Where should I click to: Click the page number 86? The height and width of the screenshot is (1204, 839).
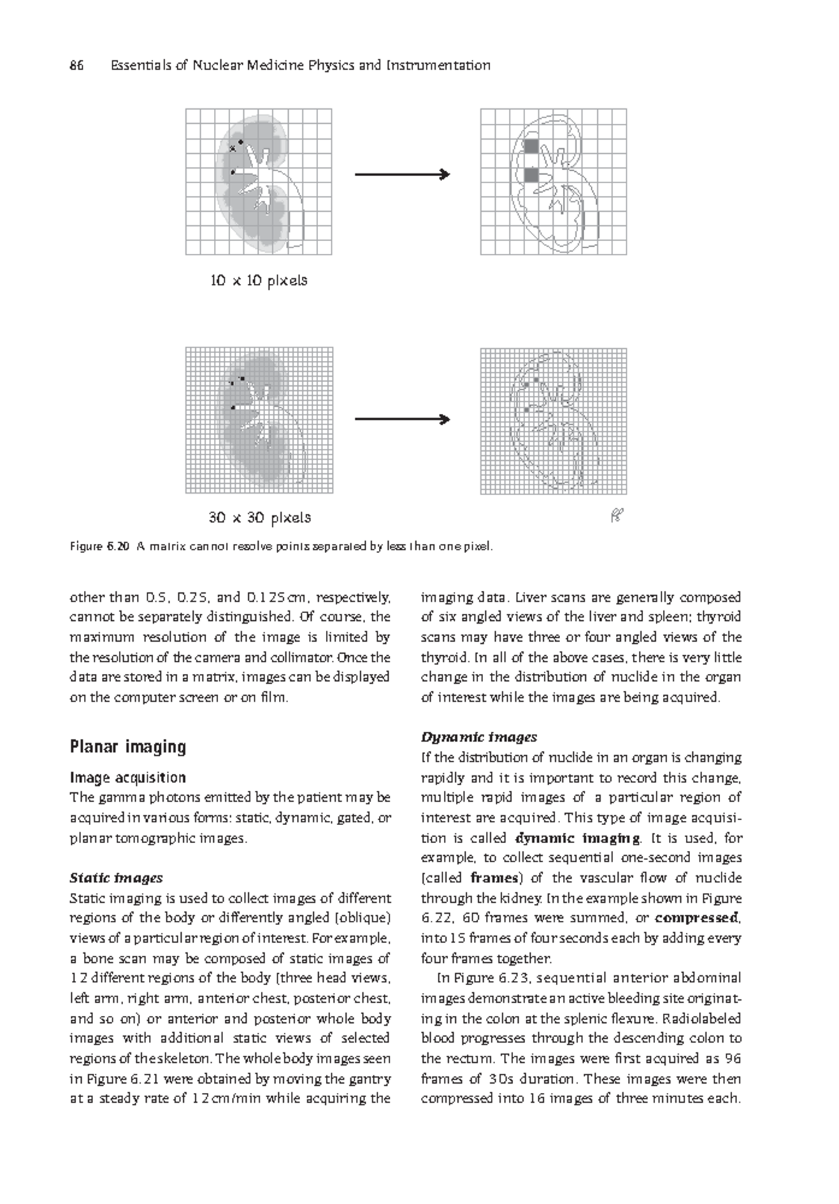76,66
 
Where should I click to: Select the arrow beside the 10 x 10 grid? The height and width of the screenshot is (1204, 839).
402,175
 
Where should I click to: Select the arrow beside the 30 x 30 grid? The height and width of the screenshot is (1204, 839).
402,420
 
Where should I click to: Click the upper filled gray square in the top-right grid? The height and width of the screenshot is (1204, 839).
531,146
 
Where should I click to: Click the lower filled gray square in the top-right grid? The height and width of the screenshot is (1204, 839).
531,175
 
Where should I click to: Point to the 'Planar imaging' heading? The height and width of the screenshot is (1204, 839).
128,747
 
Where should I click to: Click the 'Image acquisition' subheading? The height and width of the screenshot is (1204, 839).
127,777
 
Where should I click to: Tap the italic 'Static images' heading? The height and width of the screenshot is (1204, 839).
116,878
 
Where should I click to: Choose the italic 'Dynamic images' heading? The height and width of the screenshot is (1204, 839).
479,737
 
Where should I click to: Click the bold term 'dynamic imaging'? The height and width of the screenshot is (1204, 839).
577,838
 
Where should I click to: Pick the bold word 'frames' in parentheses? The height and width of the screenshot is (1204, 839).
494,878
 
